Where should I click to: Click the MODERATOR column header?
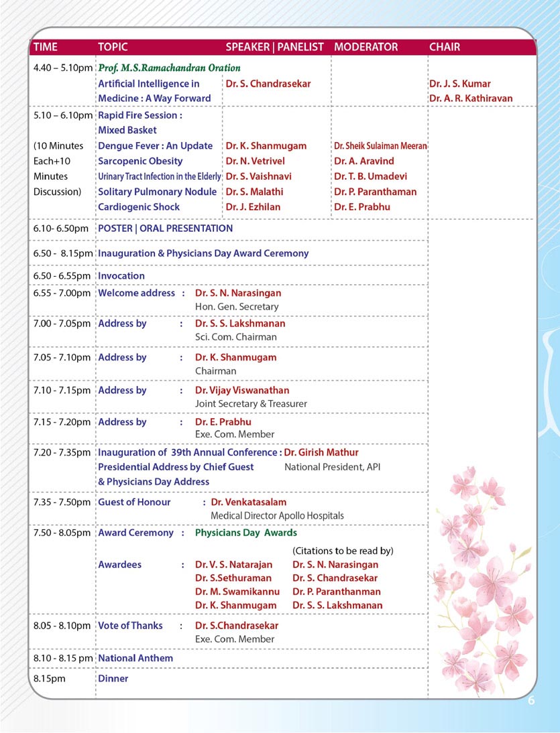point(366,47)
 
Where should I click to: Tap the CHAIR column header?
point(445,47)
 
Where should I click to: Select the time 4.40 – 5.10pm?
point(62,68)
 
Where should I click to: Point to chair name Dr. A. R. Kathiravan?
point(471,98)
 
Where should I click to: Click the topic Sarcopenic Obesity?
point(140,161)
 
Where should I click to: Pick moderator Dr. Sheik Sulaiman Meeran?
point(380,145)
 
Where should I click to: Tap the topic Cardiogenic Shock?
point(139,207)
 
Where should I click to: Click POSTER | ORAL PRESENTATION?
point(165,228)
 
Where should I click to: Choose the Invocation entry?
point(121,275)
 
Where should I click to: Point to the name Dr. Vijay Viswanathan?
point(242,390)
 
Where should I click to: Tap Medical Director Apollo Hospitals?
point(277,515)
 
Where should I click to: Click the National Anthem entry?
point(135,658)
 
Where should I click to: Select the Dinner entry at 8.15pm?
point(113,678)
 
